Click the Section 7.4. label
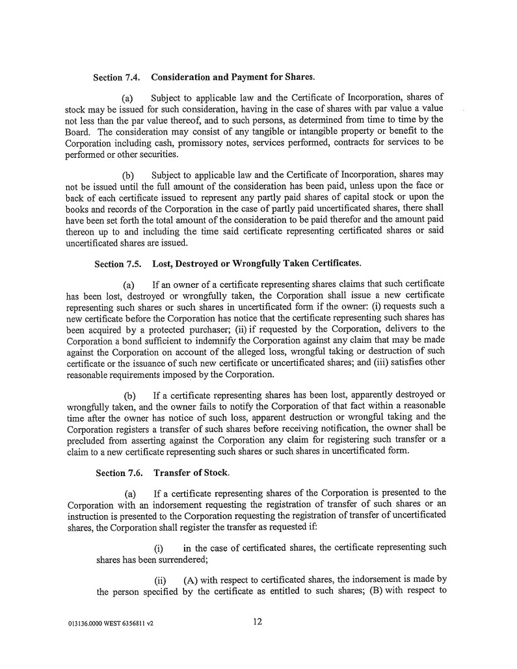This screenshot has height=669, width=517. click(117, 78)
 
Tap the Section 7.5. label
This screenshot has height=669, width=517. click(118, 264)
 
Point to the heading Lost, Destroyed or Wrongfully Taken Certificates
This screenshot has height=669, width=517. click(256, 264)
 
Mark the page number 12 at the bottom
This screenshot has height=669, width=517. click(258, 622)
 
